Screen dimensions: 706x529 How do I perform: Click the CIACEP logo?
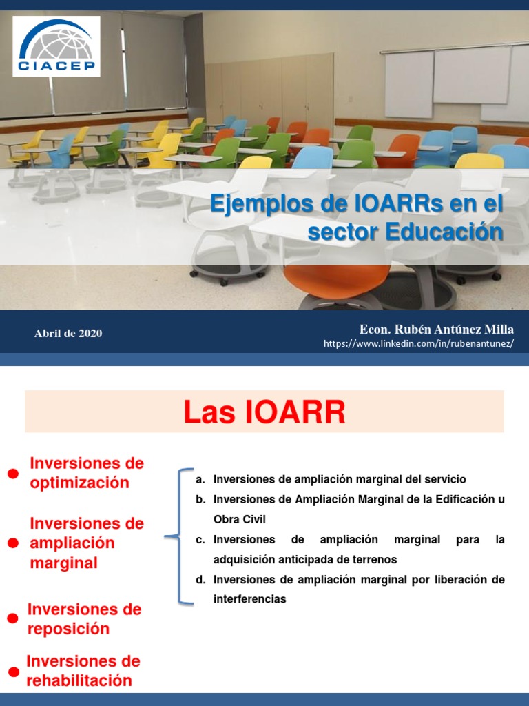pos(56,46)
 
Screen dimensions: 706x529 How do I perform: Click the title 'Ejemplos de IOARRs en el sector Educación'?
pos(357,218)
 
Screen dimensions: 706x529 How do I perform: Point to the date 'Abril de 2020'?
pos(68,334)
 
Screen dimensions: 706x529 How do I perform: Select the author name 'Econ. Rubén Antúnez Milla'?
pos(437,329)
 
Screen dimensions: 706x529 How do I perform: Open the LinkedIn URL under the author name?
pos(419,344)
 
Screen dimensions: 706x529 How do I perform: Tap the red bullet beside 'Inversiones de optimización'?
pos(12,473)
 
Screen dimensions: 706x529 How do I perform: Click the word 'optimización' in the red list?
pos(79,483)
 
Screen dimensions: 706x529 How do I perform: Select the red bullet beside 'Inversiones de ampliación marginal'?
pos(12,543)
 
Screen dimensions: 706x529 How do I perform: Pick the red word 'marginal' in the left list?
pos(63,563)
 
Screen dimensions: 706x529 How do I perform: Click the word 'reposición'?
pos(68,629)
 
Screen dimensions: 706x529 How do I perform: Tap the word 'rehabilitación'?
pos(79,680)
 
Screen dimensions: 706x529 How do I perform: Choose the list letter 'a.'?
pos(200,479)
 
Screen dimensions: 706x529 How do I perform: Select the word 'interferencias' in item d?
pos(249,599)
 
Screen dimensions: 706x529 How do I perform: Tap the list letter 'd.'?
pos(200,580)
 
